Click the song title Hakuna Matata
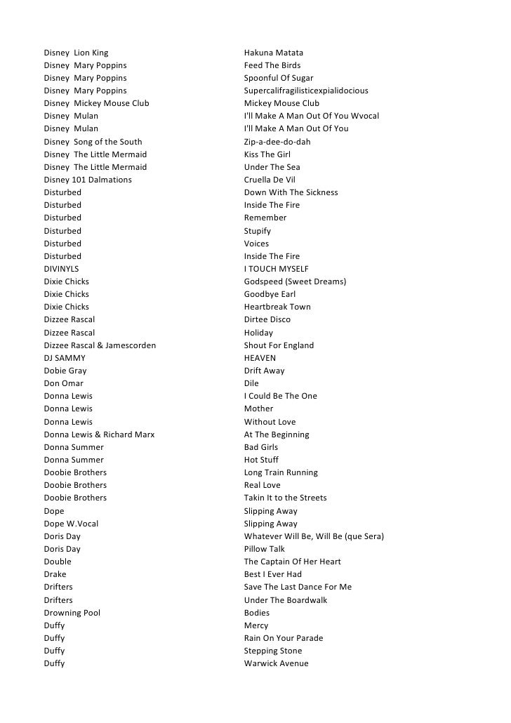(x=274, y=53)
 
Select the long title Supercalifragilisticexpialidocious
(x=306, y=91)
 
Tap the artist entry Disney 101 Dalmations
(x=88, y=180)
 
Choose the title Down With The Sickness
(x=291, y=192)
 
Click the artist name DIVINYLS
(x=62, y=269)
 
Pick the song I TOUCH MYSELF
(x=277, y=269)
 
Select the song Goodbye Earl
(x=270, y=294)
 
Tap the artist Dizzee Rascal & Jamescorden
(x=100, y=345)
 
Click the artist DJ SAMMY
(x=65, y=358)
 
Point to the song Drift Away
(x=265, y=371)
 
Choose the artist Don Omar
(x=64, y=383)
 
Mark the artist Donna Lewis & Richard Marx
(x=99, y=435)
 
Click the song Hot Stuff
(x=261, y=460)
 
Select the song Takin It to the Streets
(x=286, y=498)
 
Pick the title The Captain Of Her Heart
(x=293, y=562)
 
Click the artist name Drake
(x=55, y=574)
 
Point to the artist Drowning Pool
(x=72, y=613)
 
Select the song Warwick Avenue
(x=277, y=663)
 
